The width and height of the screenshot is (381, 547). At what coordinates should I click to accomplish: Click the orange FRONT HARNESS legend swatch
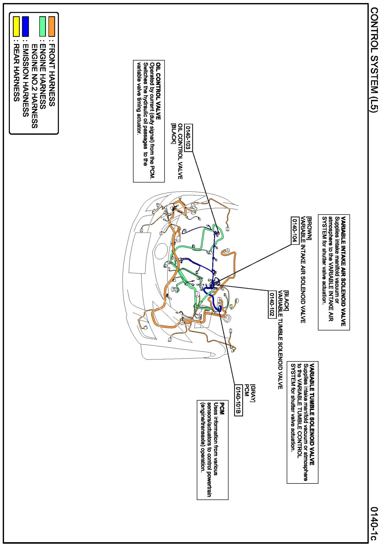(x=51, y=26)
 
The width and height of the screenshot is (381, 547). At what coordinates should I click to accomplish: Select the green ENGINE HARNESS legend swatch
(x=42, y=26)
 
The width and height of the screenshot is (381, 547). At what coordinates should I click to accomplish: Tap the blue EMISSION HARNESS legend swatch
(x=25, y=26)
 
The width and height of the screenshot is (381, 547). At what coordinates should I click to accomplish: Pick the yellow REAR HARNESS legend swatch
(x=16, y=26)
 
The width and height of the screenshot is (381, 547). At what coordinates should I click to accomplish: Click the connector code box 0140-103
(x=188, y=138)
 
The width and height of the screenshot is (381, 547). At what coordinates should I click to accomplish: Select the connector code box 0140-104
(x=295, y=231)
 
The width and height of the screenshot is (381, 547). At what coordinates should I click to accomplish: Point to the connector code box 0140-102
(x=272, y=304)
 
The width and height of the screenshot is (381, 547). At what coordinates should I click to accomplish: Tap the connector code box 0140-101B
(x=239, y=400)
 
